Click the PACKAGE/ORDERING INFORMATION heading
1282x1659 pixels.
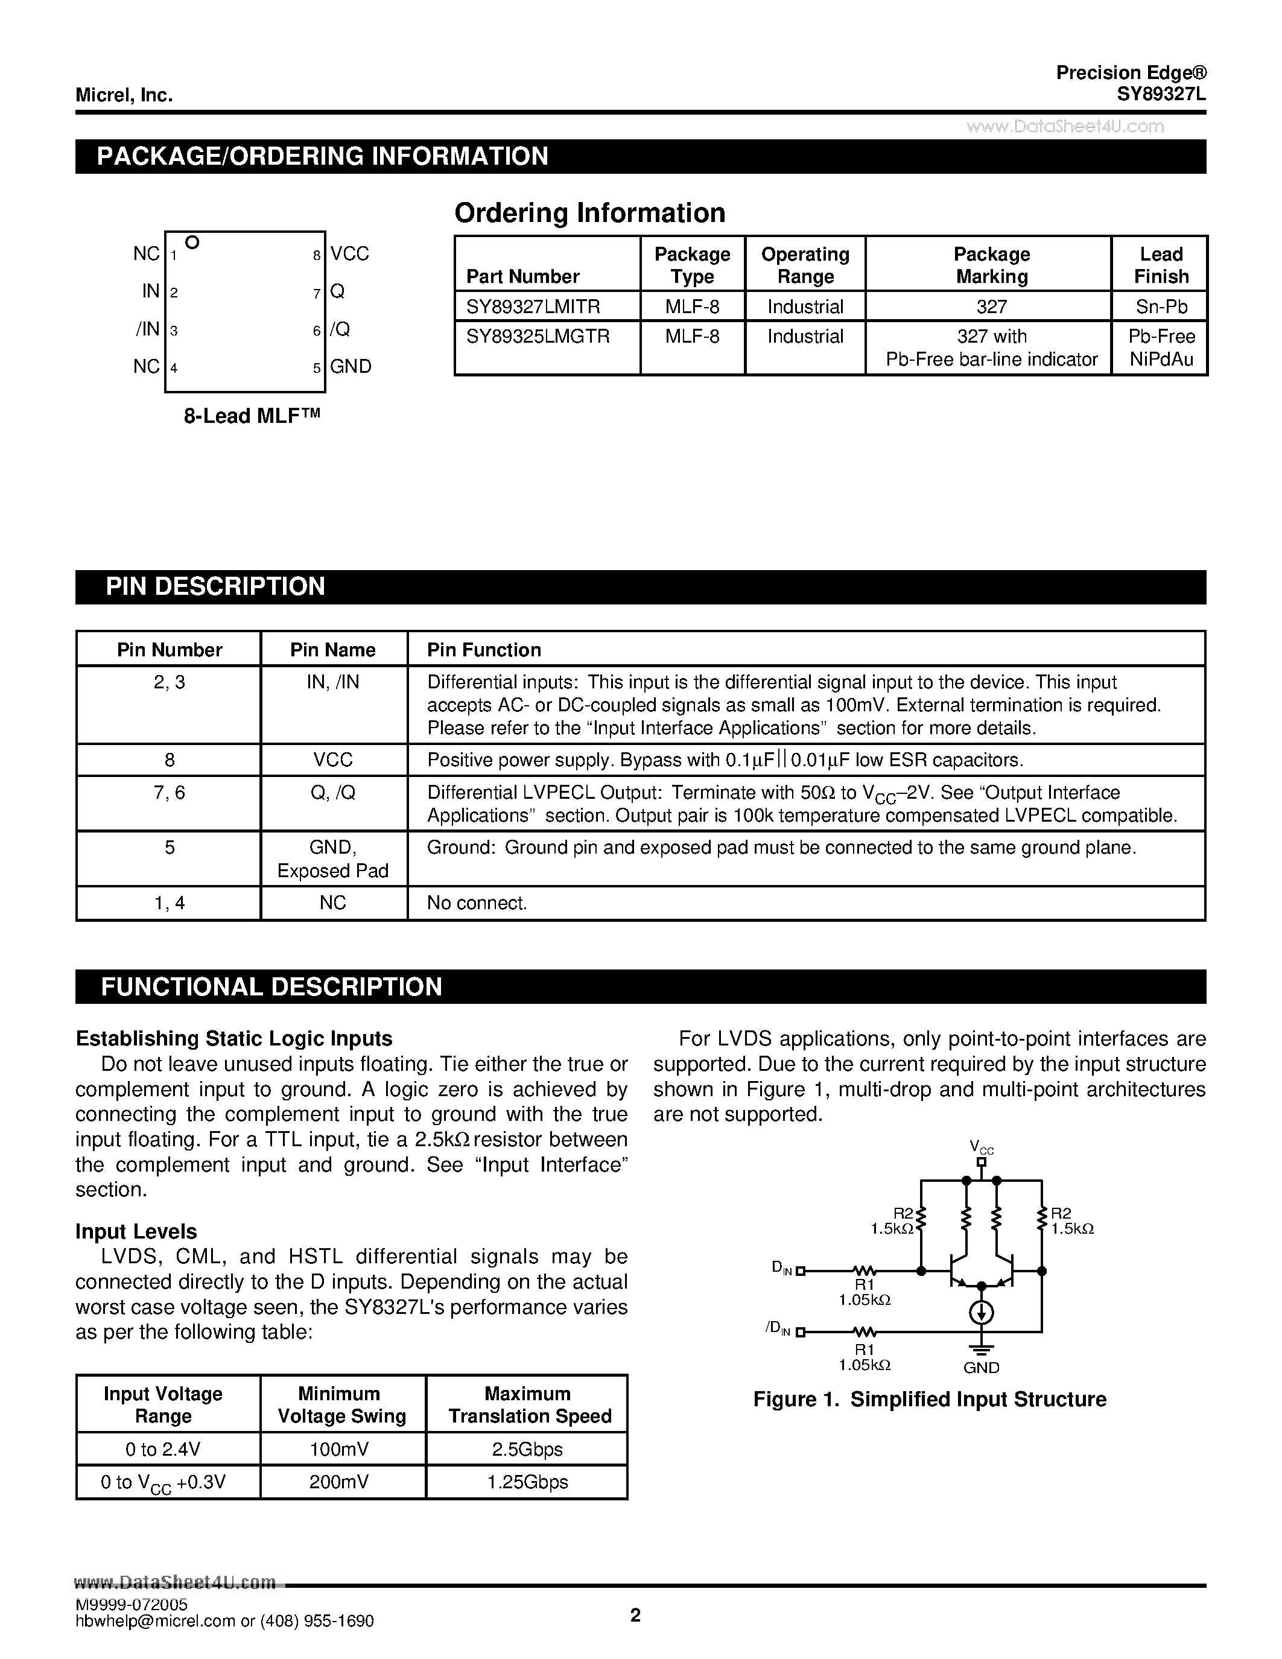point(322,156)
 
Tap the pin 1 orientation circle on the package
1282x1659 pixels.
point(192,243)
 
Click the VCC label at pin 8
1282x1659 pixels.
point(349,254)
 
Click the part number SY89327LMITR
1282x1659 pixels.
point(533,307)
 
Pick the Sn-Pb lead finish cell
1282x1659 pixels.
point(1161,307)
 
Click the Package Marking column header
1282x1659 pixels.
point(991,265)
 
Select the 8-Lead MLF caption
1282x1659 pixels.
point(252,416)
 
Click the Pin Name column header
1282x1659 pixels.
point(332,650)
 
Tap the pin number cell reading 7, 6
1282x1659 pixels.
point(170,793)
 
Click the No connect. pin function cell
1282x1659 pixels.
point(477,903)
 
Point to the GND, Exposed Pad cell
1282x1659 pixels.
point(332,859)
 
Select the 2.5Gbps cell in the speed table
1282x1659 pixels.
point(527,1449)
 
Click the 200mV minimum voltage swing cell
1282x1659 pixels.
point(338,1482)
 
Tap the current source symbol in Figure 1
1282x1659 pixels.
point(981,1313)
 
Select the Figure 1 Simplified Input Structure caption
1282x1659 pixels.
point(930,1399)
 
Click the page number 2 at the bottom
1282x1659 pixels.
point(636,1615)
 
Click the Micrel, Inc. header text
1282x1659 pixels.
point(124,96)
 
